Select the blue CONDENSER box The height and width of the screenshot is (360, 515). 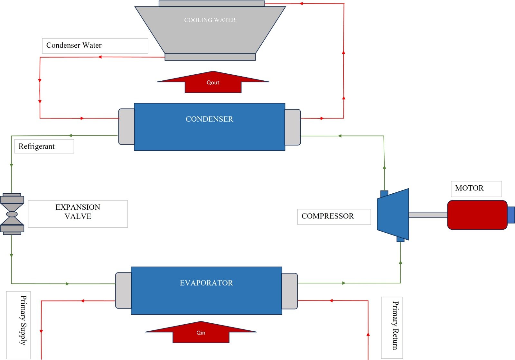point(209,127)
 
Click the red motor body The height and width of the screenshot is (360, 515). point(477,215)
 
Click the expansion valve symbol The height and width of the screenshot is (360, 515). point(12,214)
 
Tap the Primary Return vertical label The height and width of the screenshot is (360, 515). point(392,327)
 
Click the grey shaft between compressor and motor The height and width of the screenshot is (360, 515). point(428,215)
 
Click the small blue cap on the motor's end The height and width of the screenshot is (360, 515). point(511,215)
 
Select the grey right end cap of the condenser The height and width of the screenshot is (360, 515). point(293,127)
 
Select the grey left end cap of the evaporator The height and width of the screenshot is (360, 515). point(123,291)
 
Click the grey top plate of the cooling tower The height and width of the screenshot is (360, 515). point(211,4)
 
